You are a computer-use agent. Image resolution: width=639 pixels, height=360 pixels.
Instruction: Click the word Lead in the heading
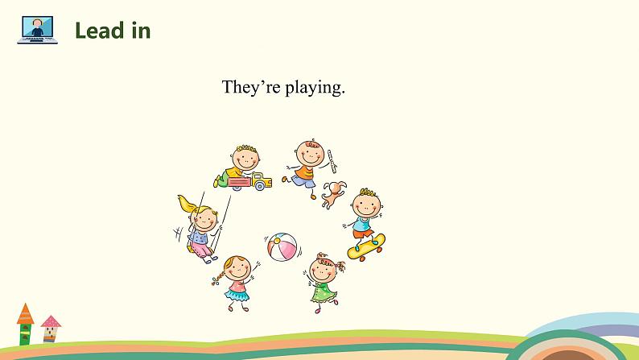[x=100, y=31]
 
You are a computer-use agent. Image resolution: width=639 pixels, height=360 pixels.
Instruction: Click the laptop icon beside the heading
[x=38, y=30]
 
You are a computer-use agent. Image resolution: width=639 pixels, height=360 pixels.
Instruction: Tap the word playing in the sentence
[x=315, y=88]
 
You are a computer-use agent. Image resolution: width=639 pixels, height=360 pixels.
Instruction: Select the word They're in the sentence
[x=251, y=87]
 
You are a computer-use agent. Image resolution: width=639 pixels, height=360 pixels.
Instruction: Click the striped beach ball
[x=282, y=247]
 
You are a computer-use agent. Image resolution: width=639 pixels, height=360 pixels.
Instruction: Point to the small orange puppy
[x=333, y=194]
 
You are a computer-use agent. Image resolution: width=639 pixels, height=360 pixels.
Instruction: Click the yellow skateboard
[x=366, y=247]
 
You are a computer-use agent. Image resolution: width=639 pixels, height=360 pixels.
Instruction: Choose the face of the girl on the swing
[x=204, y=220]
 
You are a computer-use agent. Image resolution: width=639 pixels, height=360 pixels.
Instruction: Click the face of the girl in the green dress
[x=323, y=270]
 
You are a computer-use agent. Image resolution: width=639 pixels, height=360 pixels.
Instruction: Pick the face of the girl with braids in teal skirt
[x=237, y=269]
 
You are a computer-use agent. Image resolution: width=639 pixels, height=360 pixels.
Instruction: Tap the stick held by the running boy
[x=332, y=161]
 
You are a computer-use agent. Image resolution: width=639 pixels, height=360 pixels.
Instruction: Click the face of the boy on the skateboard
[x=366, y=205]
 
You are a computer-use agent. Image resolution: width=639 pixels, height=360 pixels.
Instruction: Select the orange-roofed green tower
[x=25, y=324]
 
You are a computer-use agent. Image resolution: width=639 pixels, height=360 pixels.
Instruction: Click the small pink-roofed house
[x=51, y=329]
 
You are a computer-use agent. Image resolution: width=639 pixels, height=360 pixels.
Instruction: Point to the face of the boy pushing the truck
[x=245, y=158]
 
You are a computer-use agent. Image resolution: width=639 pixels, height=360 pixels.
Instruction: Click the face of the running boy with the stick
[x=310, y=153]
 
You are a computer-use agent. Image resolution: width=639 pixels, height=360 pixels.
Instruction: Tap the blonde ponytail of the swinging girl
[x=188, y=205]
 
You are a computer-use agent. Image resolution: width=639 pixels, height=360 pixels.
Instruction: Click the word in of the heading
[x=141, y=31]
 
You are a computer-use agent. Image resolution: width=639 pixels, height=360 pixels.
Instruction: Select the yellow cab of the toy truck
[x=262, y=181]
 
